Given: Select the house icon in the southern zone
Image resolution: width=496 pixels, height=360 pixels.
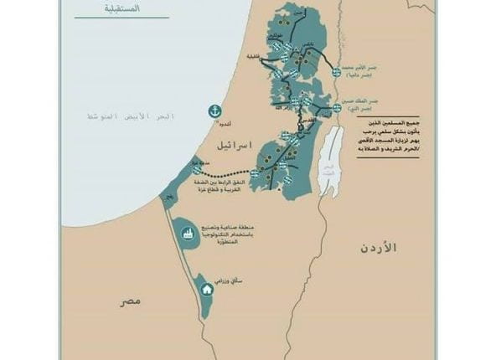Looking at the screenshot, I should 207,289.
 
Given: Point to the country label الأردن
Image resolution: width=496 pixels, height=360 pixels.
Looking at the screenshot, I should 378,248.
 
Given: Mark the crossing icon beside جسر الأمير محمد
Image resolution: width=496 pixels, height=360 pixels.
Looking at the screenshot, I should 337,72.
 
